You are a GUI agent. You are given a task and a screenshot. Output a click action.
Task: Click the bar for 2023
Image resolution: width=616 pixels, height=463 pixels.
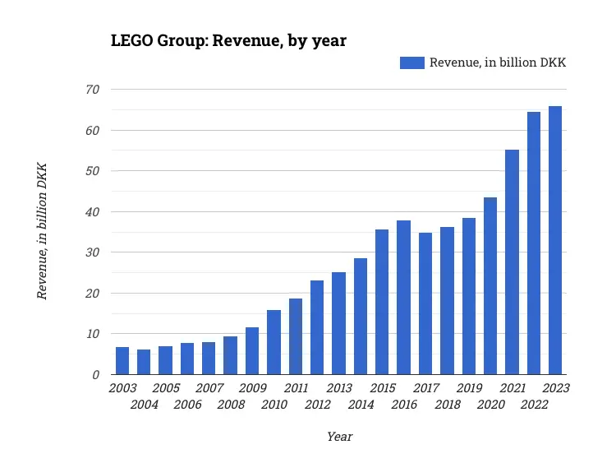click(x=555, y=240)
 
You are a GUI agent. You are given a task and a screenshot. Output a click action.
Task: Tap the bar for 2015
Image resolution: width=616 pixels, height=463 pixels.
click(x=382, y=302)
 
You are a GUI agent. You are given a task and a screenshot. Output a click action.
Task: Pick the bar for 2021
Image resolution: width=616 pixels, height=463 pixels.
click(x=512, y=262)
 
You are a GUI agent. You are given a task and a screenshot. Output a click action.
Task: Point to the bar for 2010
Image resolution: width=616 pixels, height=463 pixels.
click(x=274, y=342)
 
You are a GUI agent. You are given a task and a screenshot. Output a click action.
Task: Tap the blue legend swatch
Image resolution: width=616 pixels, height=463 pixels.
click(x=412, y=63)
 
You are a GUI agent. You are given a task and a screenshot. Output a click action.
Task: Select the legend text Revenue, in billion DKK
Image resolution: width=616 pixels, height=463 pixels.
click(x=499, y=63)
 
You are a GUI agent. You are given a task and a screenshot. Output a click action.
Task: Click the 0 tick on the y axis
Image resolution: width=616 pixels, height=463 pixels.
click(x=96, y=375)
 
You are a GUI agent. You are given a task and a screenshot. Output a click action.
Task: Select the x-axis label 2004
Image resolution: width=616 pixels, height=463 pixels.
click(x=144, y=404)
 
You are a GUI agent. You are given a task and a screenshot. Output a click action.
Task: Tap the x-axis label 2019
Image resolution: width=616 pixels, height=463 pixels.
click(x=468, y=388)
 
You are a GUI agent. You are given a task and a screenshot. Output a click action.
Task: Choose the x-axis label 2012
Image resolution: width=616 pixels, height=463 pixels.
click(x=317, y=404)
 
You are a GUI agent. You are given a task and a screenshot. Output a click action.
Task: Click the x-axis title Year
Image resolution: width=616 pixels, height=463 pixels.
click(x=339, y=437)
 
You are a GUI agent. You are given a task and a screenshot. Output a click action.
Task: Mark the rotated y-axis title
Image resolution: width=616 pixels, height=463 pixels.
click(x=42, y=231)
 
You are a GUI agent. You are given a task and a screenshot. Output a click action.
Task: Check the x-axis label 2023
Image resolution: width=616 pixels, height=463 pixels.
click(x=555, y=388)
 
